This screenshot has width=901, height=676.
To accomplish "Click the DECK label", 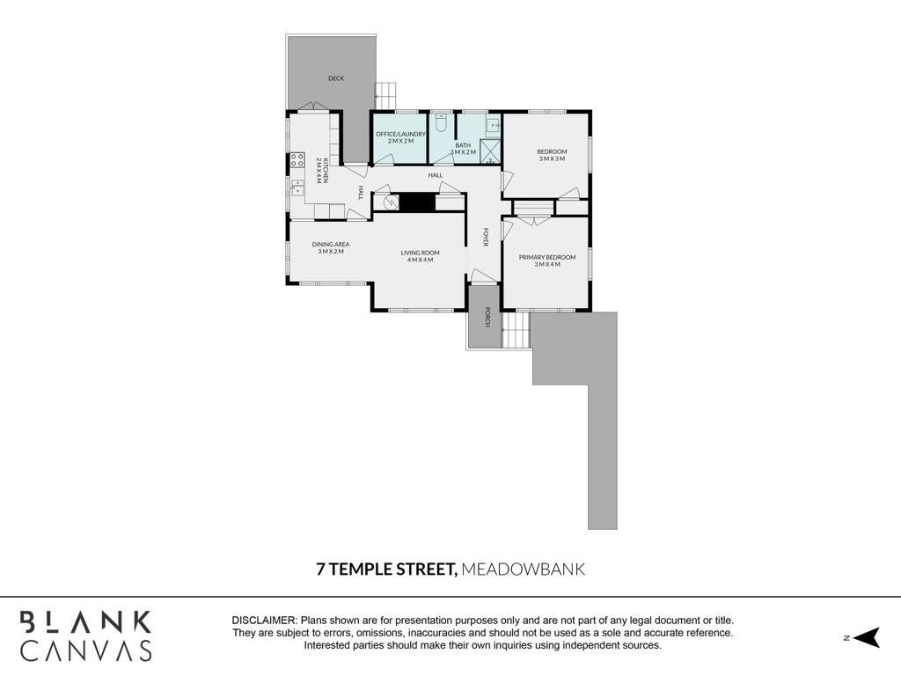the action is point(336,78).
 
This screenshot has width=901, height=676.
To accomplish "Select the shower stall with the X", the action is point(490,151).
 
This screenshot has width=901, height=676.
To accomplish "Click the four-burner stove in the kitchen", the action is point(297,159).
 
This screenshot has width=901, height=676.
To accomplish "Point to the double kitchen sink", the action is point(297,188).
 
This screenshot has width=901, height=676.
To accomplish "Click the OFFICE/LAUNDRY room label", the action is point(400,137).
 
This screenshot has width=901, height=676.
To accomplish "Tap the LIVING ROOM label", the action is point(420,256).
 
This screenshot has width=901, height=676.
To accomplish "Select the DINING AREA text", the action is point(331,247).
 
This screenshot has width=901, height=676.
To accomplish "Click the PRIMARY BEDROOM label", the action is point(547,261).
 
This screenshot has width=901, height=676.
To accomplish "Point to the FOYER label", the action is point(486,238).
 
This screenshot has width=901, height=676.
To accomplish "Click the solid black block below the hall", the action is point(417,202).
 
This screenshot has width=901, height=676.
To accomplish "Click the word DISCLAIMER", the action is point(264,621).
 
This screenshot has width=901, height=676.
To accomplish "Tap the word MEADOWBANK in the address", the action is point(524,569).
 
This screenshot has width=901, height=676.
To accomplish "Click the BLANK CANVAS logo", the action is point(86,636).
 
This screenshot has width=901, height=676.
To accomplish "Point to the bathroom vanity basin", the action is point(493,124).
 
